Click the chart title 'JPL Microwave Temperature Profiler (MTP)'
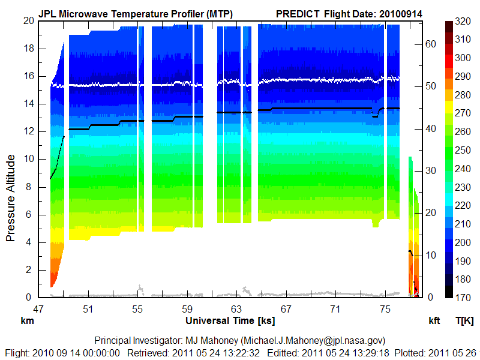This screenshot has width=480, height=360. tap(136, 13)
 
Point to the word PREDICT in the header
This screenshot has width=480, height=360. tap(298, 13)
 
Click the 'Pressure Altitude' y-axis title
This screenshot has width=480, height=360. tap(11, 197)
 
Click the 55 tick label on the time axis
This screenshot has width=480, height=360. tap(137, 309)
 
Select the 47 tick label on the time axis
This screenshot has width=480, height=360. tap(38, 309)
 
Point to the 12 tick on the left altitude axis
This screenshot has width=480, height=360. tap(28, 131)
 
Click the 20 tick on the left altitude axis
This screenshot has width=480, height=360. tap(28, 20)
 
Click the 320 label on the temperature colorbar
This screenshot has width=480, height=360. tap(462, 20)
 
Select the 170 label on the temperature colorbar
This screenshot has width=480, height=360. tap(462, 298)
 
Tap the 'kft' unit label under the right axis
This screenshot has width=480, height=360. tap(434, 321)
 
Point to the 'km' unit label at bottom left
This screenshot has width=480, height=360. tap(28, 321)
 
